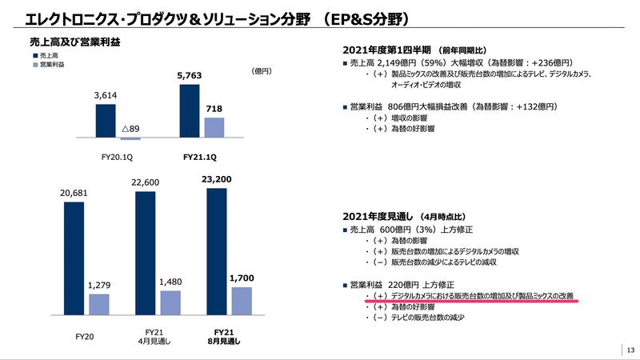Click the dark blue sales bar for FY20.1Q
106,121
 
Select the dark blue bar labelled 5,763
190,111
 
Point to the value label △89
131,128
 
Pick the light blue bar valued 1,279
98,305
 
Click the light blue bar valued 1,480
170,303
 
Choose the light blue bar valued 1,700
242,302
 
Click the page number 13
630,349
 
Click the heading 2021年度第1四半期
389,47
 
